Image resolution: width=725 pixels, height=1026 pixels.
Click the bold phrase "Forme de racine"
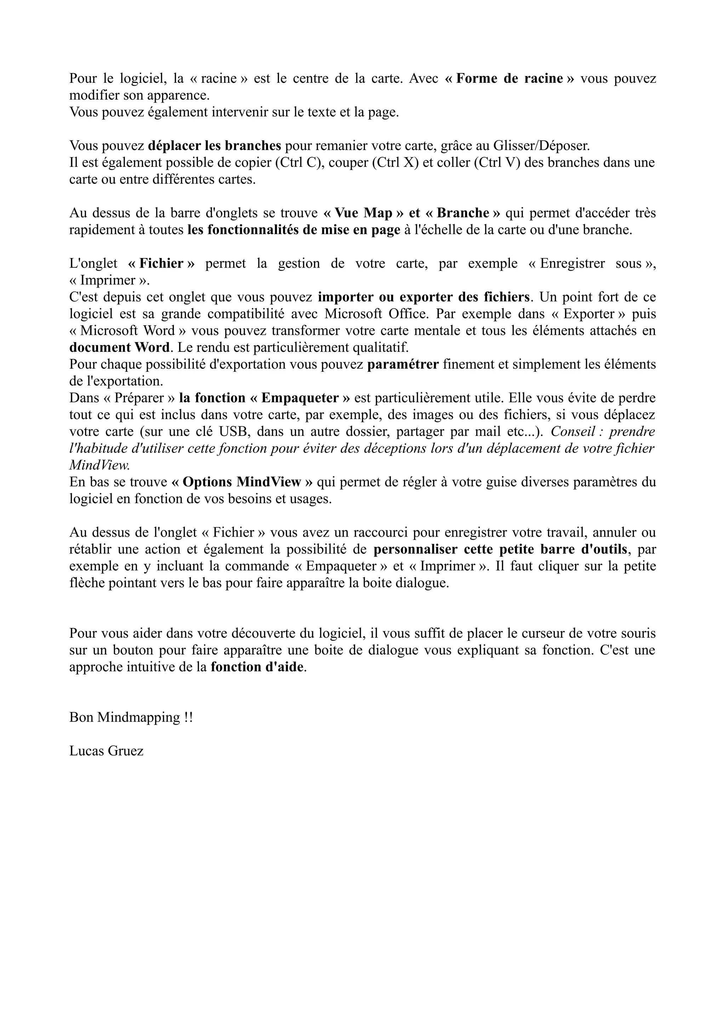(x=510, y=79)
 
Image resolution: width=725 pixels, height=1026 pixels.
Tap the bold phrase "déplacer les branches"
(x=215, y=146)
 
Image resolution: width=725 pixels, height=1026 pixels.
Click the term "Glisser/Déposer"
(x=541, y=146)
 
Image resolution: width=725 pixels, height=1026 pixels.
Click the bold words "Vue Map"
(x=363, y=213)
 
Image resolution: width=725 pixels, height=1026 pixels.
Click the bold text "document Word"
(x=119, y=348)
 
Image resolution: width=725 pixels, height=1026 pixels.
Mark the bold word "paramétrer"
(x=403, y=365)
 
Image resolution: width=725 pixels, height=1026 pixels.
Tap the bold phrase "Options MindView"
(x=242, y=482)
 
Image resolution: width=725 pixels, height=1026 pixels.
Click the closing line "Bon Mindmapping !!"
(x=131, y=718)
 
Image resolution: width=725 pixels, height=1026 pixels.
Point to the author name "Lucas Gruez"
(x=106, y=751)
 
